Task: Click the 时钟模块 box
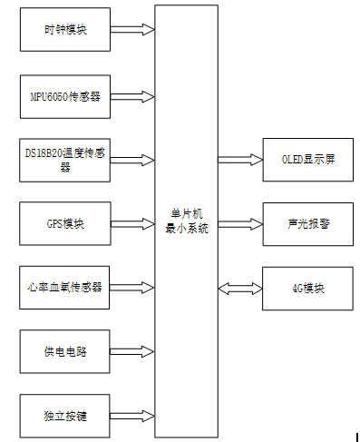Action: pyautogui.click(x=65, y=29)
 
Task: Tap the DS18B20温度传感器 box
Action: pyautogui.click(x=65, y=160)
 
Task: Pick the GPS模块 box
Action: pyautogui.click(x=65, y=223)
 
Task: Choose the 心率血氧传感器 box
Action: pyautogui.click(x=65, y=287)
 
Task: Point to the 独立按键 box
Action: pyautogui.click(x=65, y=415)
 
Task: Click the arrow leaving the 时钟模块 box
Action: pyautogui.click(x=132, y=29)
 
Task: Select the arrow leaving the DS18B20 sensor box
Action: pyautogui.click(x=132, y=160)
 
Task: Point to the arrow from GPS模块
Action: pyautogui.click(x=132, y=223)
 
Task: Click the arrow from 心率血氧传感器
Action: pyautogui.click(x=132, y=287)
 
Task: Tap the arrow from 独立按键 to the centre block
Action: pyautogui.click(x=132, y=415)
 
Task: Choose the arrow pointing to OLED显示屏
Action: pyautogui.click(x=239, y=160)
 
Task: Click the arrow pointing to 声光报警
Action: pyautogui.click(x=239, y=223)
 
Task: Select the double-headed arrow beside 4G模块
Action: pyautogui.click(x=239, y=288)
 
